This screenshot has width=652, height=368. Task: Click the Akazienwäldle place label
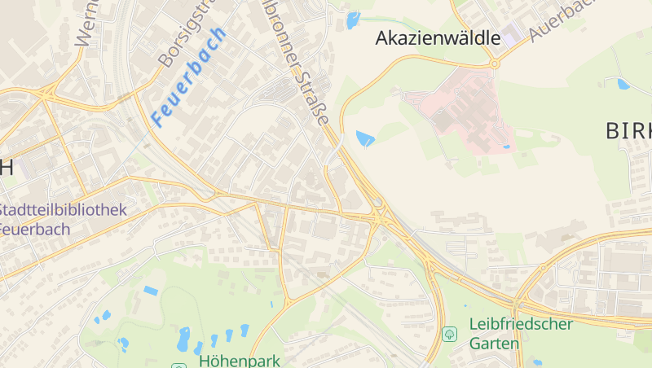[x=437, y=37]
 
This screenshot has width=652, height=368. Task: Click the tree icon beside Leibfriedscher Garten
[x=449, y=334]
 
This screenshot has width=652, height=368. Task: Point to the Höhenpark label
[x=239, y=360]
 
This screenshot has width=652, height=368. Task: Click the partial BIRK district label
[x=629, y=131]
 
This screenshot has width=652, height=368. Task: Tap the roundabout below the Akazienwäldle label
[x=494, y=63]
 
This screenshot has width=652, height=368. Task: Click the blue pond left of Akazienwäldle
[x=352, y=20]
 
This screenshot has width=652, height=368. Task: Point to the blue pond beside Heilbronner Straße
[x=365, y=138]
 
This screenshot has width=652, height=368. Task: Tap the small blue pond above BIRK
[x=623, y=83]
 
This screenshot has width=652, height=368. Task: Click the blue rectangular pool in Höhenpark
[x=151, y=290]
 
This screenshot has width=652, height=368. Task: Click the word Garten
[x=494, y=344]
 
